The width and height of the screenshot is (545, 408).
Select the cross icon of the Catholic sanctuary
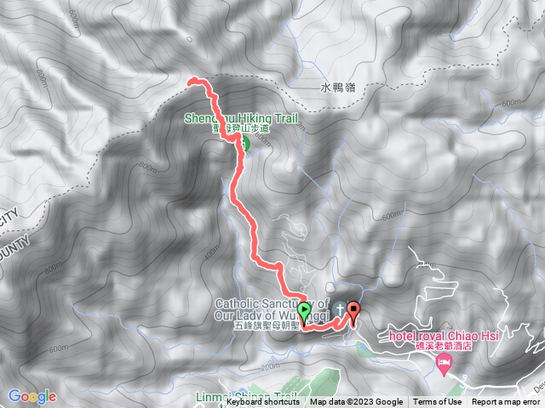(340, 306)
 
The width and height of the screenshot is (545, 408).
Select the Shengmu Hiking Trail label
(243, 119)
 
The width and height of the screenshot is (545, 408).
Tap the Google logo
(32, 396)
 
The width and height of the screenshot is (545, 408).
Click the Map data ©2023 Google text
(356, 402)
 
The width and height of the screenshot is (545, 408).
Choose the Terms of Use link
(438, 402)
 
